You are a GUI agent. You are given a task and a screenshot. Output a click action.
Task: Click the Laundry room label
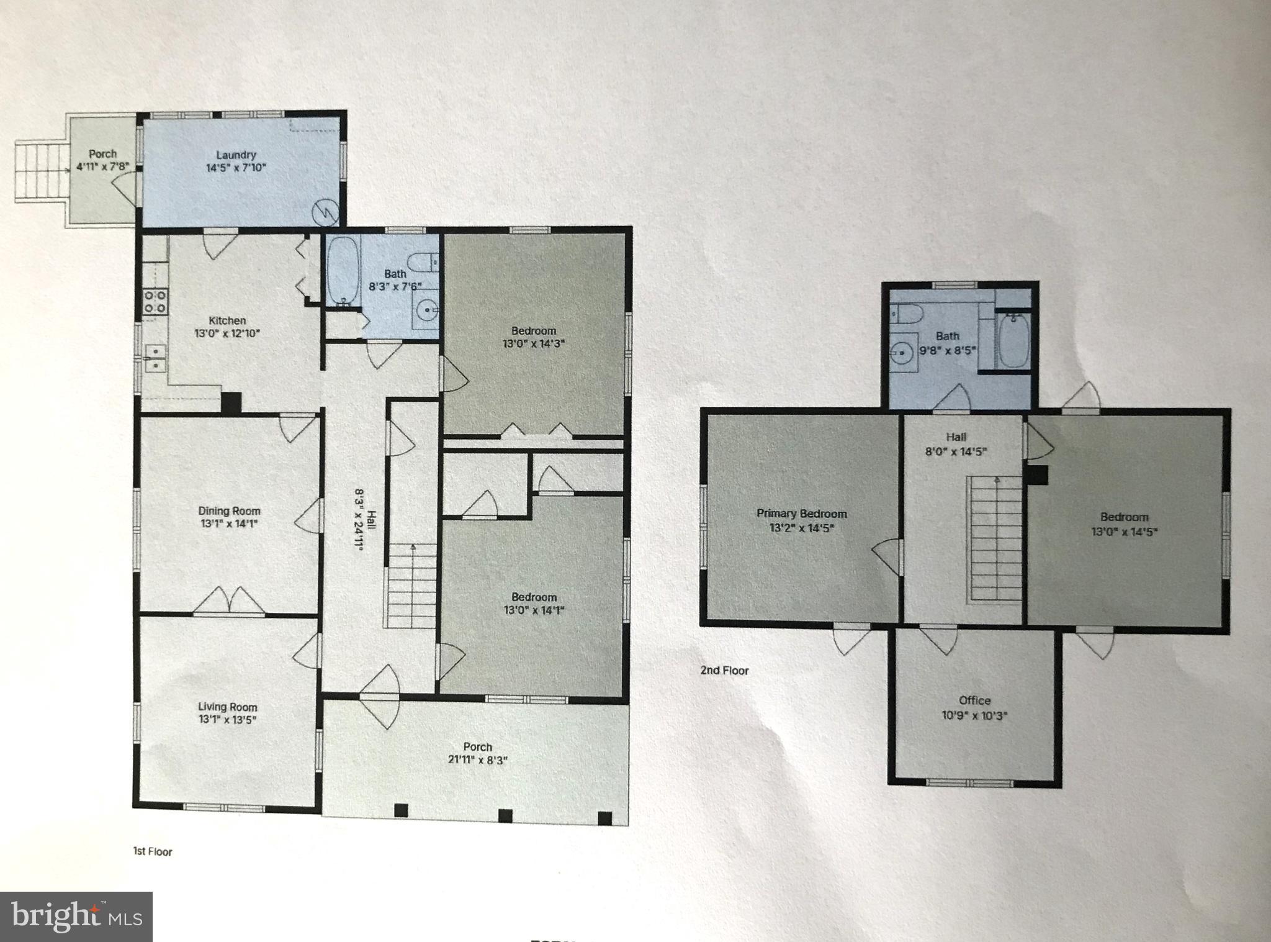[x=236, y=155]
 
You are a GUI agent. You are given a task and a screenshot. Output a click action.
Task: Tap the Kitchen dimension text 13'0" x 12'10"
[x=227, y=333]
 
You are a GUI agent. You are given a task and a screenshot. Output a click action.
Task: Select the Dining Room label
[x=229, y=511]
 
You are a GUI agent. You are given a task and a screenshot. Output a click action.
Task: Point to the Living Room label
[x=227, y=707]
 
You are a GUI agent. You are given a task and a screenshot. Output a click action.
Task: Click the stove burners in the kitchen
[x=155, y=301]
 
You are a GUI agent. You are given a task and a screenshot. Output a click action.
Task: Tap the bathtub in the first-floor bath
[x=342, y=272]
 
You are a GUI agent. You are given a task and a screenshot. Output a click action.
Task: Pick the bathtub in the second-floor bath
[x=1013, y=342]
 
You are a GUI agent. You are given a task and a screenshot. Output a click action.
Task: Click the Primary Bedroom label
[x=801, y=514]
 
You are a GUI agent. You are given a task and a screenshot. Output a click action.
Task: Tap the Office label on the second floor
[x=974, y=700]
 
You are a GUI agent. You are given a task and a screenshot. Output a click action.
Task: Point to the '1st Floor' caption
[x=153, y=851]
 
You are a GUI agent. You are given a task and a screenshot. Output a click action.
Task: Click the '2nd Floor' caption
[x=724, y=670]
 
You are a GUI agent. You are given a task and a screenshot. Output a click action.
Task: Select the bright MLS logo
[x=76, y=917]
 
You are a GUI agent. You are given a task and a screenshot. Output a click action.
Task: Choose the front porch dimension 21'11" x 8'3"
[x=477, y=760]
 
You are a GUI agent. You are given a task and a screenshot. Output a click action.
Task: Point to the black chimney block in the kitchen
[x=231, y=402]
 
